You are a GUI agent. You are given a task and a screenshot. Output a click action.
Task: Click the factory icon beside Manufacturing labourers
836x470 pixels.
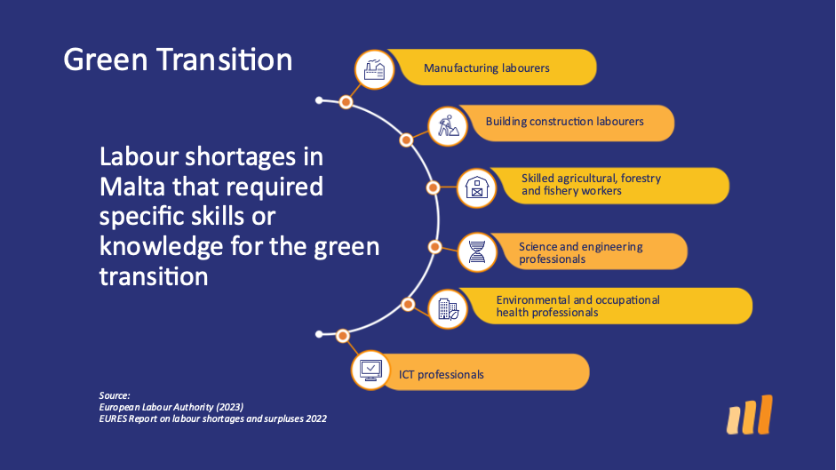coord(374,70)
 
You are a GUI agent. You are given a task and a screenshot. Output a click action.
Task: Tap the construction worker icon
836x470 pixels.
coord(448,126)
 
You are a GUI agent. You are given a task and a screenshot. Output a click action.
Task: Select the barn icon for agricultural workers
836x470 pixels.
coord(477,187)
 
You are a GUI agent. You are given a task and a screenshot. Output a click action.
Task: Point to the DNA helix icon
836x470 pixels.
coord(477,251)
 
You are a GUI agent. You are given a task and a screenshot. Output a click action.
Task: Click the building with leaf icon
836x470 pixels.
coord(448,309)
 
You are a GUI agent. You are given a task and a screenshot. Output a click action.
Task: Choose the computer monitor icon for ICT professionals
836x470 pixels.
coord(370,370)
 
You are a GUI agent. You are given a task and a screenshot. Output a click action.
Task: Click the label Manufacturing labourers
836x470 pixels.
coord(486,68)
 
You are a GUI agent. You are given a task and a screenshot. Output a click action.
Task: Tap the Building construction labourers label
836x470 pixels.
coord(565,122)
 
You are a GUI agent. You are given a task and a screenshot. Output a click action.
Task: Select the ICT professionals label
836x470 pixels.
coord(441,375)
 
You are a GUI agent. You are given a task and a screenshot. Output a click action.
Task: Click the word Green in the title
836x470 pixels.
coord(106,60)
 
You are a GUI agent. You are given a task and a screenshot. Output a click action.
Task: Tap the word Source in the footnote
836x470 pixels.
coord(114,396)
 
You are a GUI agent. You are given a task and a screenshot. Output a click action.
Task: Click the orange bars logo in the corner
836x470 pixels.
coord(750,415)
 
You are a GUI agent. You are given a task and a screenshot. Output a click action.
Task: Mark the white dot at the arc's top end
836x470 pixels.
coord(319,100)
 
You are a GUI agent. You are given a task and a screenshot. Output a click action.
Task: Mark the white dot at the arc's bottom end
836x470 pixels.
coord(319,334)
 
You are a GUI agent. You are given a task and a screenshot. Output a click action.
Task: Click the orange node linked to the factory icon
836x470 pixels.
coord(346,102)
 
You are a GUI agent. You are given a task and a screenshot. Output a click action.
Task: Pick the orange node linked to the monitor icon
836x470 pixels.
coord(343,336)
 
